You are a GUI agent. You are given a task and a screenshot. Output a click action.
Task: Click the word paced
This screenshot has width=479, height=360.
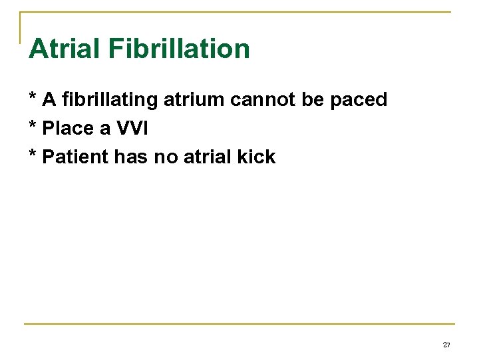point(360,101)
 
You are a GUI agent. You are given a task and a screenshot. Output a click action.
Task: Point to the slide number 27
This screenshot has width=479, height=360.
point(446,345)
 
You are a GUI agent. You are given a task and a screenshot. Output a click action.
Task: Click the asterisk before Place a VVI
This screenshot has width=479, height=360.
point(32,127)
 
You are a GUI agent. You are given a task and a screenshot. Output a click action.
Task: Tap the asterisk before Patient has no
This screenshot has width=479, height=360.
point(32,155)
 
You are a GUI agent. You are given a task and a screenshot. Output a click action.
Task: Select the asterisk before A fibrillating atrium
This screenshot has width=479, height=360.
point(32,98)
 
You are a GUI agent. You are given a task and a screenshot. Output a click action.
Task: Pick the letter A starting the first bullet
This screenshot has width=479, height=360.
point(48,100)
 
